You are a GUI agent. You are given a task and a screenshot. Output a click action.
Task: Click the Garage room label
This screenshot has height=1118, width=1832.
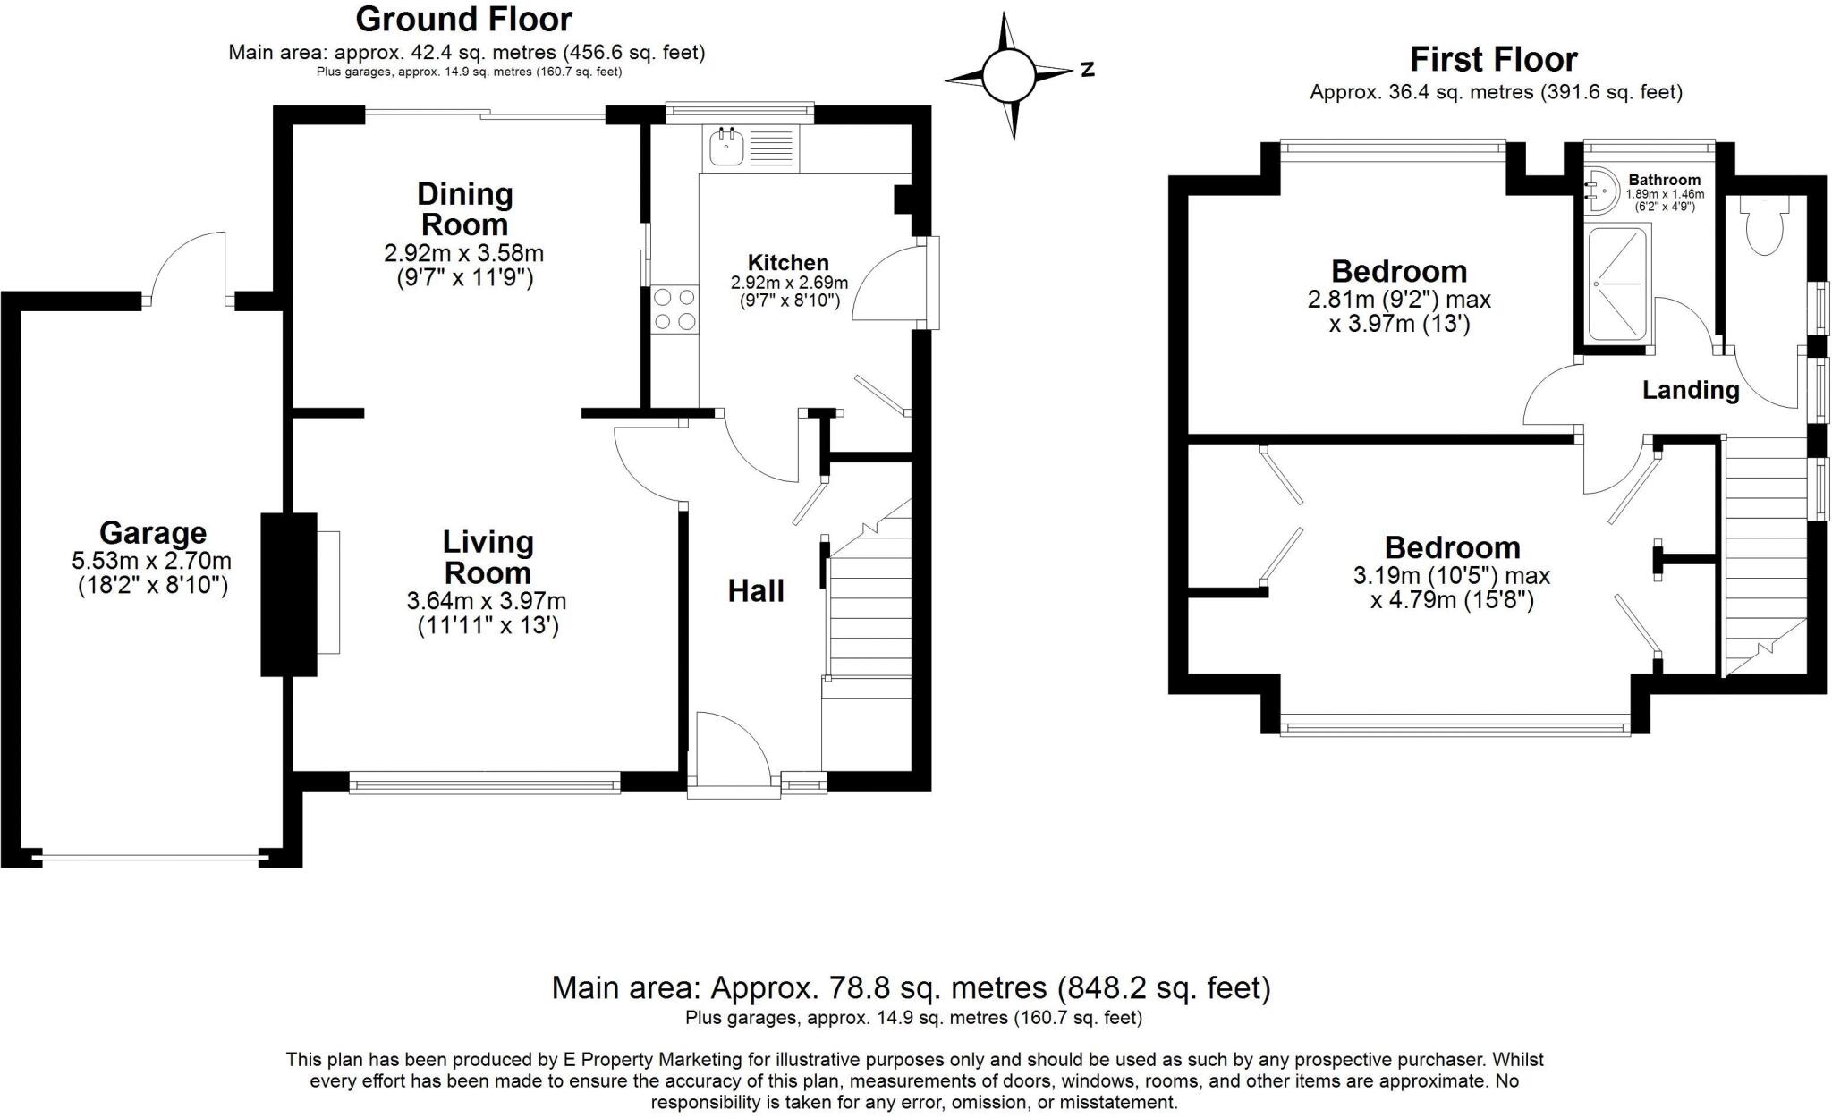(x=153, y=533)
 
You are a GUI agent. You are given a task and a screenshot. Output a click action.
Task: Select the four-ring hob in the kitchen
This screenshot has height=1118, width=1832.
(x=675, y=309)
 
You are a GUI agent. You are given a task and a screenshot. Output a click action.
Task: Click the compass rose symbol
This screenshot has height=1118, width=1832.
(x=1010, y=75)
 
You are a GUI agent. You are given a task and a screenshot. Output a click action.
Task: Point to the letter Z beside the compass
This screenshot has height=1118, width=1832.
(x=1088, y=69)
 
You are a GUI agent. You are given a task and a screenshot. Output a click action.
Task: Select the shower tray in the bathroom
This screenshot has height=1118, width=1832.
(x=1618, y=284)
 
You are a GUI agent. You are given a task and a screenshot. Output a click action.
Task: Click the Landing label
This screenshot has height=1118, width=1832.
(x=1691, y=390)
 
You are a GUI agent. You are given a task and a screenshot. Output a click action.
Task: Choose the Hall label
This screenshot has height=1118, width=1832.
(x=756, y=591)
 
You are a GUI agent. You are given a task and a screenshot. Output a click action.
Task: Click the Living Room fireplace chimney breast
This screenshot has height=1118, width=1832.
(x=289, y=594)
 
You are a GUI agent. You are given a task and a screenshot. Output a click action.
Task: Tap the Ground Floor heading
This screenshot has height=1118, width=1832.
(x=464, y=19)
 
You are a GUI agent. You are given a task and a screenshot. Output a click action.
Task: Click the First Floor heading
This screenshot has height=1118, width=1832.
(x=1494, y=59)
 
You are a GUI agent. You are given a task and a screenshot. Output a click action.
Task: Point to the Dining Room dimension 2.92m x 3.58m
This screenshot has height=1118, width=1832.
(x=464, y=253)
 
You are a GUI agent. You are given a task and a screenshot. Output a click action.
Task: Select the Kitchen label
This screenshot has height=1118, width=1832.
(x=788, y=263)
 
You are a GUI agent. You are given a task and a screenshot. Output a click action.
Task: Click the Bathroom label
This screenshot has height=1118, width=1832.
(x=1664, y=180)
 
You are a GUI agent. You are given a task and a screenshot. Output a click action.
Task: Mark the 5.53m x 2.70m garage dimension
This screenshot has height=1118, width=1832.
(x=152, y=562)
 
